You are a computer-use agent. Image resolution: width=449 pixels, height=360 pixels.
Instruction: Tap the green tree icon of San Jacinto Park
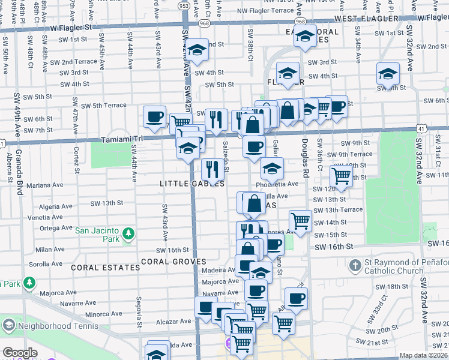(127, 233)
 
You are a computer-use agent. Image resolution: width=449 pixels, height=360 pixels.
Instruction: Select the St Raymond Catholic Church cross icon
(355, 265)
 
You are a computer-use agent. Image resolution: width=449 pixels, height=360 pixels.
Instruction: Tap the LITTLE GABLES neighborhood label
(191, 183)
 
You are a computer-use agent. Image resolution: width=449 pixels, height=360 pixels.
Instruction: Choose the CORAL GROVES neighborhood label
(174, 262)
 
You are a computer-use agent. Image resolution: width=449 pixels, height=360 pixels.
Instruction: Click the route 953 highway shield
(184, 5)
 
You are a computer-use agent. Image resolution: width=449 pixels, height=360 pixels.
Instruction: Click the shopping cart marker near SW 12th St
(341, 176)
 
